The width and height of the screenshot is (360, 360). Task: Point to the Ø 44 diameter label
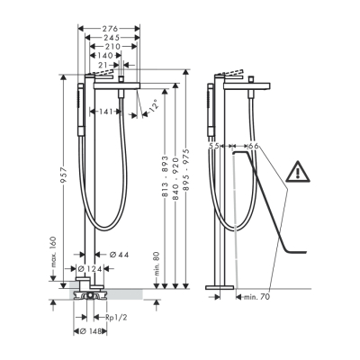(119, 256)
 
